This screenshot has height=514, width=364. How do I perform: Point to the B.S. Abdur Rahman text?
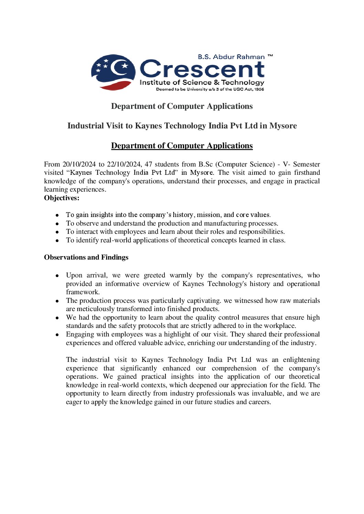pyautogui.click(x=231, y=57)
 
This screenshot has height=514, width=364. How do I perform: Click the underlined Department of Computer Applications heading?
pyautogui.click(x=182, y=146)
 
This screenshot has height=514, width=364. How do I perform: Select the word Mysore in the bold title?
pyautogui.click(x=283, y=126)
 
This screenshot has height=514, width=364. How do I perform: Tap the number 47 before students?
pyautogui.click(x=148, y=164)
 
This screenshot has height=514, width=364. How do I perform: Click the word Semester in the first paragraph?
pyautogui.click(x=306, y=164)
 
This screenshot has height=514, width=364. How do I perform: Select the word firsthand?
pyautogui.click(x=307, y=172)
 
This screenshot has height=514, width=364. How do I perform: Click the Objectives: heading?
pyautogui.click(x=62, y=198)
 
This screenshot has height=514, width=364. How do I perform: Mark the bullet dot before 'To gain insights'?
pyautogui.click(x=57, y=215)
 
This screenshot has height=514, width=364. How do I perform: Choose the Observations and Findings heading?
pyautogui.click(x=86, y=257)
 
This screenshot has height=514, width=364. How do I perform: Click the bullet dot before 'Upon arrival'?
pyautogui.click(x=57, y=275)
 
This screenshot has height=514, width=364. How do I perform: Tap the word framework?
pyautogui.click(x=83, y=292)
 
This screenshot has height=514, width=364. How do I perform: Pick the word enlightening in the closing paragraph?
pyautogui.click(x=301, y=359)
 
